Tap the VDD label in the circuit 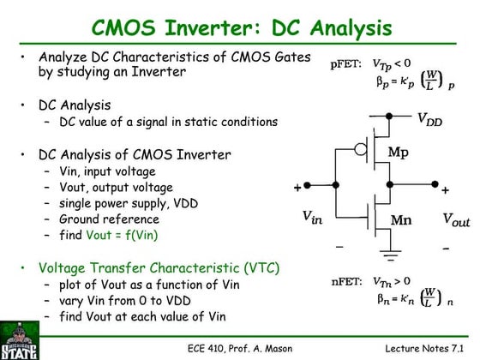(x=429, y=121)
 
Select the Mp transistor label (x=399, y=153)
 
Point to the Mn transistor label (x=400, y=220)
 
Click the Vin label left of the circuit (x=313, y=218)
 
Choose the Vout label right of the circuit (x=455, y=219)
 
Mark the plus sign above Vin (x=298, y=188)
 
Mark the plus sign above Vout (x=445, y=189)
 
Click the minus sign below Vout (x=446, y=248)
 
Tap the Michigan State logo (x=19, y=339)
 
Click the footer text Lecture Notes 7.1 (x=424, y=349)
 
